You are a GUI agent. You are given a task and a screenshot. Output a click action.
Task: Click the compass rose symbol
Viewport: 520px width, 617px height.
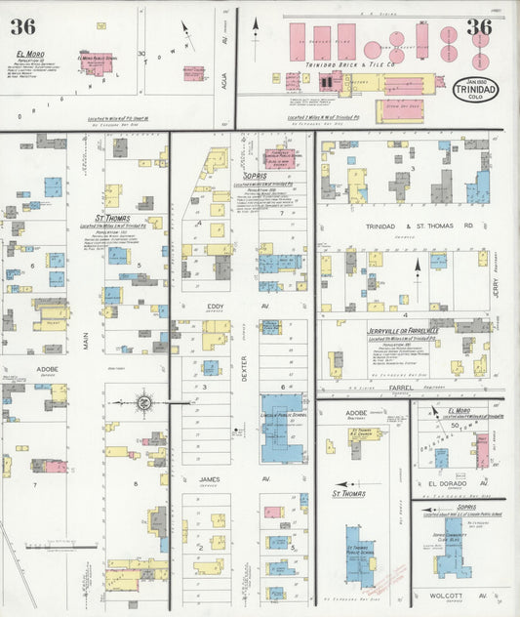coord(142,401)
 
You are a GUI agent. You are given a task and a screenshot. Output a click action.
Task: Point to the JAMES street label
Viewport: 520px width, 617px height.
coord(210,478)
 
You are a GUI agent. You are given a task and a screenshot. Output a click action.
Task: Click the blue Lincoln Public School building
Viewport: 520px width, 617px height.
coord(282,428)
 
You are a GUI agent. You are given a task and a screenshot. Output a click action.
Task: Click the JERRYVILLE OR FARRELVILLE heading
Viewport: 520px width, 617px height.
coord(417,330)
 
